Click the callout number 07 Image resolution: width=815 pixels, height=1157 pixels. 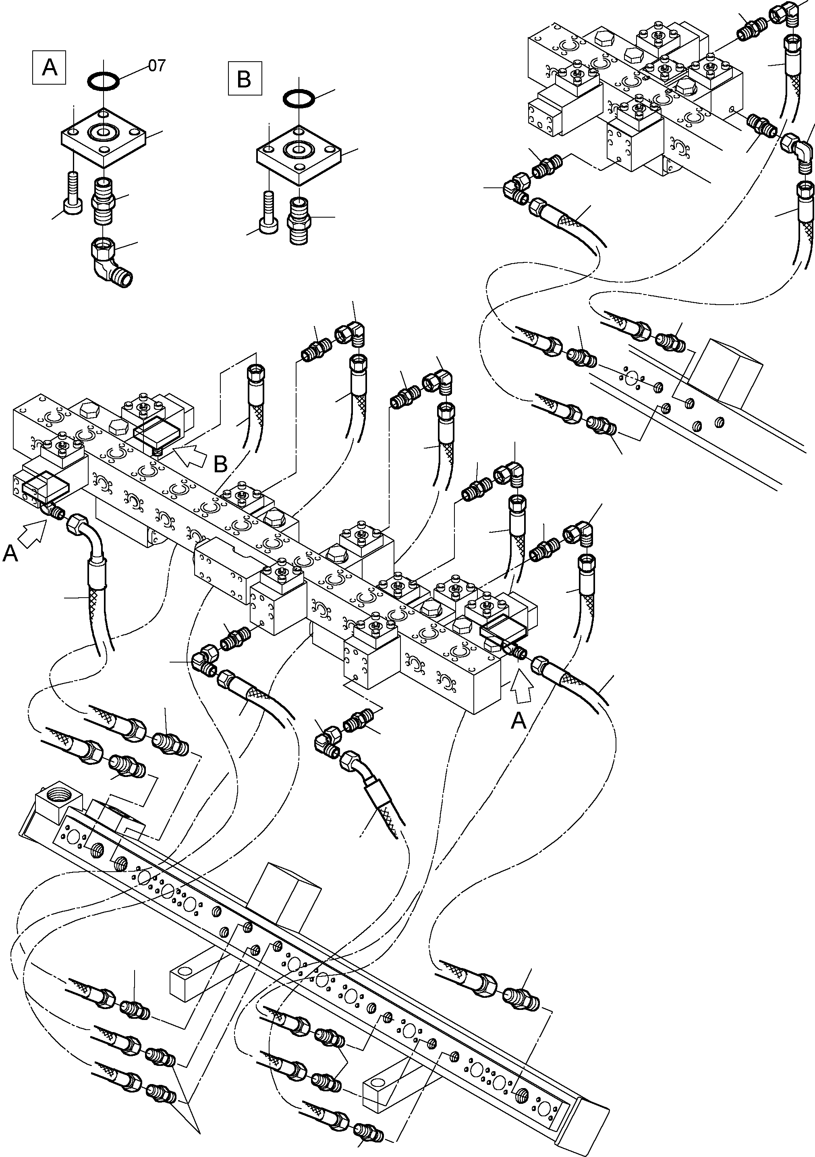coord(157,66)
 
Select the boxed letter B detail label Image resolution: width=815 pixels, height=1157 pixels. coord(244,79)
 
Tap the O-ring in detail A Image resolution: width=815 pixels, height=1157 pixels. coord(103,80)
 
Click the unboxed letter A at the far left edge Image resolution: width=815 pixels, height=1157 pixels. coord(10,554)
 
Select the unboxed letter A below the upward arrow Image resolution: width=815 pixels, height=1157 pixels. coord(518,722)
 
